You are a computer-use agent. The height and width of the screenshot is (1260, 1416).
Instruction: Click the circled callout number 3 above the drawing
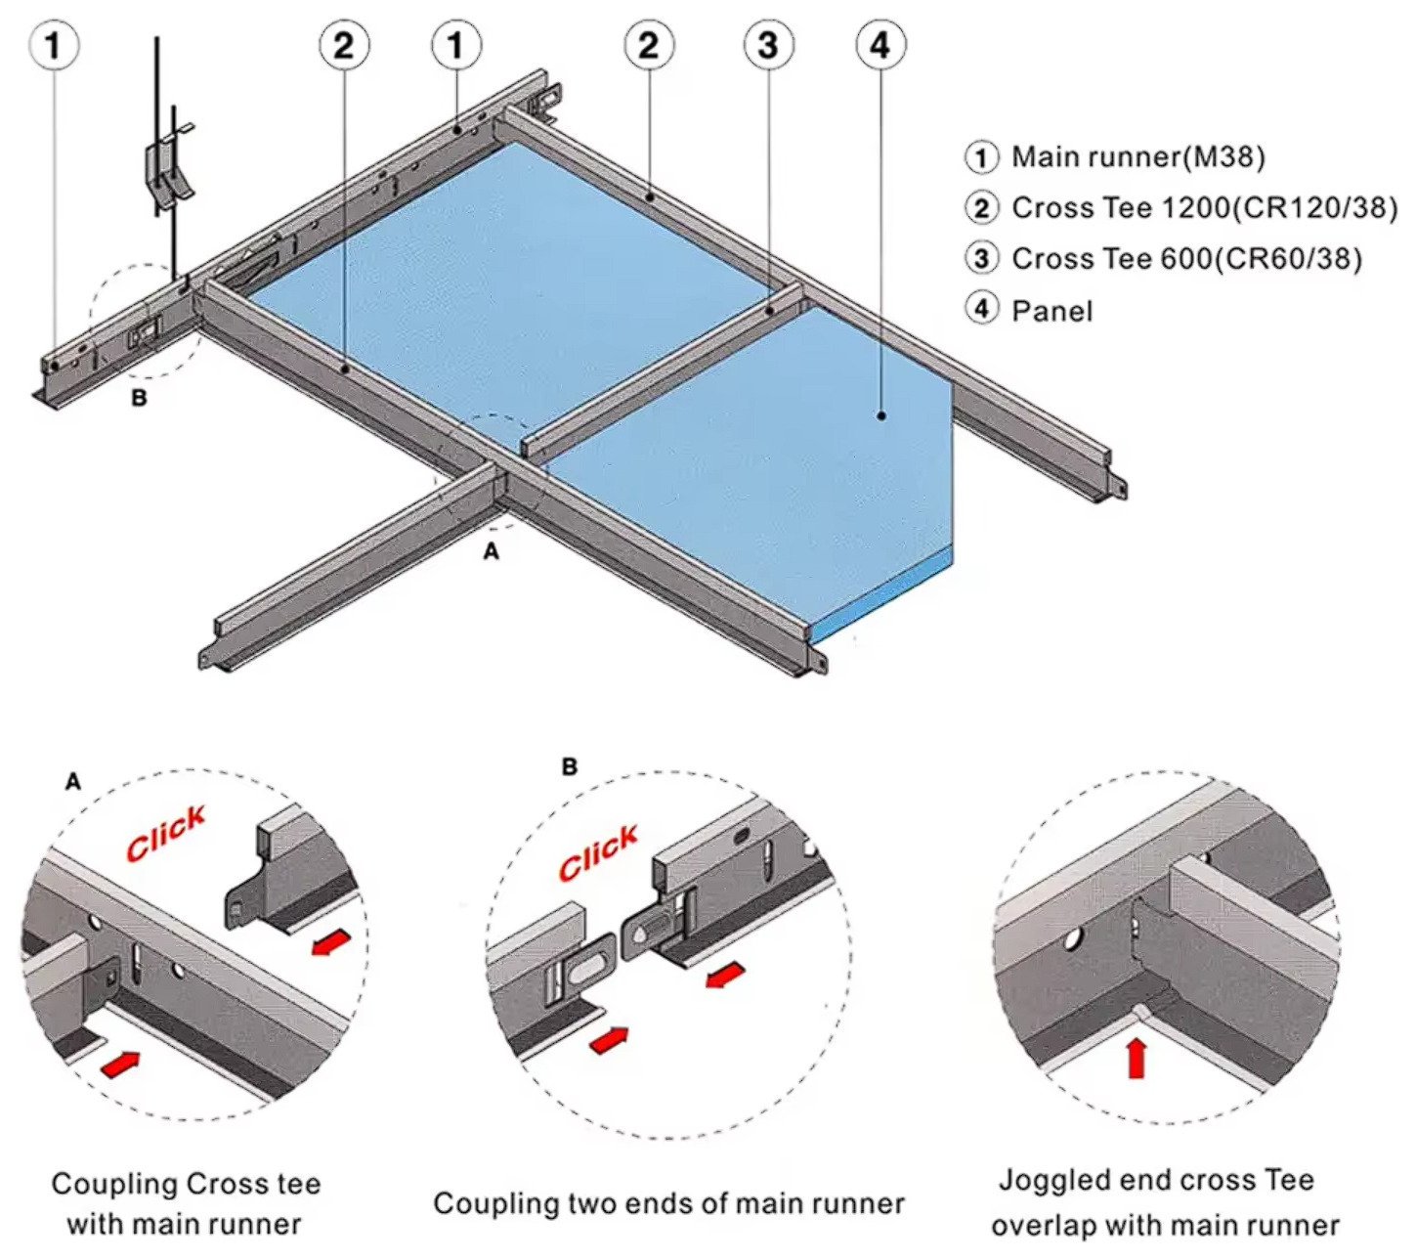[x=768, y=45]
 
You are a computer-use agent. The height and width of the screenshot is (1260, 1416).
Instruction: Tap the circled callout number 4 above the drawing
[x=880, y=45]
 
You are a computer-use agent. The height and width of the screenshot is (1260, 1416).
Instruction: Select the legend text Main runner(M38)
[x=1138, y=156]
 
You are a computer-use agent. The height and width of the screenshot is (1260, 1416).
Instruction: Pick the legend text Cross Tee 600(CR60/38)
[x=1186, y=258]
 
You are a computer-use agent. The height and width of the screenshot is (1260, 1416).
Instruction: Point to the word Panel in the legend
[x=1051, y=311]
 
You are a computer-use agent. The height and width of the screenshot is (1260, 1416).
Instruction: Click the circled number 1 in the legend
[x=982, y=156]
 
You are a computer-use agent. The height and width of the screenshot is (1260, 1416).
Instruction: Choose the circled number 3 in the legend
[x=982, y=258]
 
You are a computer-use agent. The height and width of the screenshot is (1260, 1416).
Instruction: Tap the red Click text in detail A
[x=166, y=833]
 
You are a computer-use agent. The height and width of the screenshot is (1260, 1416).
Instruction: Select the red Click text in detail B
[x=598, y=851]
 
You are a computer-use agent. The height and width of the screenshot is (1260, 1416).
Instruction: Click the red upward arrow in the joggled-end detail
[x=1136, y=1058]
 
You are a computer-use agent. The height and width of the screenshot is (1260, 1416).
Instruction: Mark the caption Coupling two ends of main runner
[x=668, y=1202]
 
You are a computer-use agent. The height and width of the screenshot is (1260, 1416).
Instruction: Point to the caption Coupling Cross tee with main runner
[x=186, y=1203]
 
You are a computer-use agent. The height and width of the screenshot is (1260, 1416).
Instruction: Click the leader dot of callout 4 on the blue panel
[x=881, y=415]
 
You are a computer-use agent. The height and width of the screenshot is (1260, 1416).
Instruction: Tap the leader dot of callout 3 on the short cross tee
[x=770, y=311]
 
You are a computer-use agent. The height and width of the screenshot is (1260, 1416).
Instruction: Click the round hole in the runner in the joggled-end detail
[x=1073, y=939]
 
